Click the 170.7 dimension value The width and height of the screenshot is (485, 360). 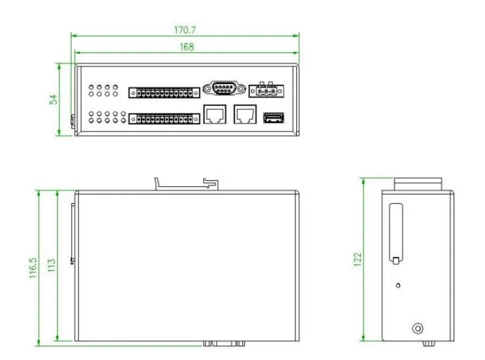point(184,30)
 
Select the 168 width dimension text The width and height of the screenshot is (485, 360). point(187,47)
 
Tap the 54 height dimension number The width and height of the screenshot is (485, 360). point(54,99)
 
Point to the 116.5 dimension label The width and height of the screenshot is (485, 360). point(33,268)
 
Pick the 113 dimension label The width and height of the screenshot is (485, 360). point(51,266)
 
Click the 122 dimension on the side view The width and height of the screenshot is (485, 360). point(357,260)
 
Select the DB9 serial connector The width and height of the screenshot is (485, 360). point(224,88)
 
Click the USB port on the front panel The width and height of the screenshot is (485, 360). point(273,118)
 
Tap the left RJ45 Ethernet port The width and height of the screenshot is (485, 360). point(215,114)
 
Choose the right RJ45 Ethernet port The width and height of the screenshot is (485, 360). point(245,114)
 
